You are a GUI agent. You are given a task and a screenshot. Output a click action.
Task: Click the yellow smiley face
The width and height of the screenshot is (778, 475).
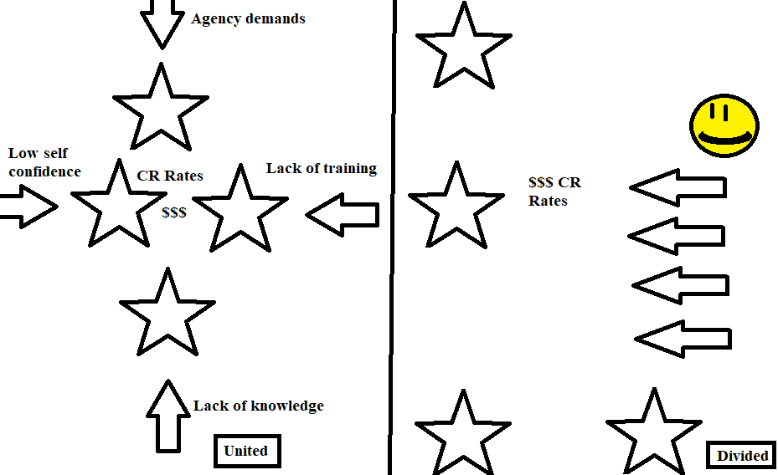point(724,128)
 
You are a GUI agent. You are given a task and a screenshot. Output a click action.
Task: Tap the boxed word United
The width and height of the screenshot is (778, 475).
point(245,451)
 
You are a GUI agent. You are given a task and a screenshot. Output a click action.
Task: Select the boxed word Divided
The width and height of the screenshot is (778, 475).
point(742,456)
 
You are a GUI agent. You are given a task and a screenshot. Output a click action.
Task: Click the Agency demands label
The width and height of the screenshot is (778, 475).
point(248,18)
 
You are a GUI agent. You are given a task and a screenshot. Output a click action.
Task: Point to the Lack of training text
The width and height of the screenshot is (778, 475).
point(322,169)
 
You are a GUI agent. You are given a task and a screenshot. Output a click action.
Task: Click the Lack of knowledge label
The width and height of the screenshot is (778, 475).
point(258,406)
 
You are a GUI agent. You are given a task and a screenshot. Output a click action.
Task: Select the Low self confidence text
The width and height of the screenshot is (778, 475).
point(44,162)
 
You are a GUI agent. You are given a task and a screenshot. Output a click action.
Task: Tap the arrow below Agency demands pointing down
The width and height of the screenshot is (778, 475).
point(162,23)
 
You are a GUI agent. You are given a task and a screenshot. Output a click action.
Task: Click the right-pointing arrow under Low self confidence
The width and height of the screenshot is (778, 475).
point(28,206)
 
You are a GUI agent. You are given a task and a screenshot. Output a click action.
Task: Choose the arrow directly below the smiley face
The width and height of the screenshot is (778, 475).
point(678,188)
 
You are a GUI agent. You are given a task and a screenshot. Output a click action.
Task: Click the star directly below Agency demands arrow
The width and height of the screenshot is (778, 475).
point(160,109)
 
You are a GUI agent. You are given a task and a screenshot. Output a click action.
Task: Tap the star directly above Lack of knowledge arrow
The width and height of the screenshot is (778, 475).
point(167,312)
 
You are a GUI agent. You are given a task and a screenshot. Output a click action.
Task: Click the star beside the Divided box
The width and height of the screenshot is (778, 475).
point(654,432)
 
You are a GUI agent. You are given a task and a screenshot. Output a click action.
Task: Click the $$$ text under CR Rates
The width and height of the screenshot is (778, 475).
point(174,213)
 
